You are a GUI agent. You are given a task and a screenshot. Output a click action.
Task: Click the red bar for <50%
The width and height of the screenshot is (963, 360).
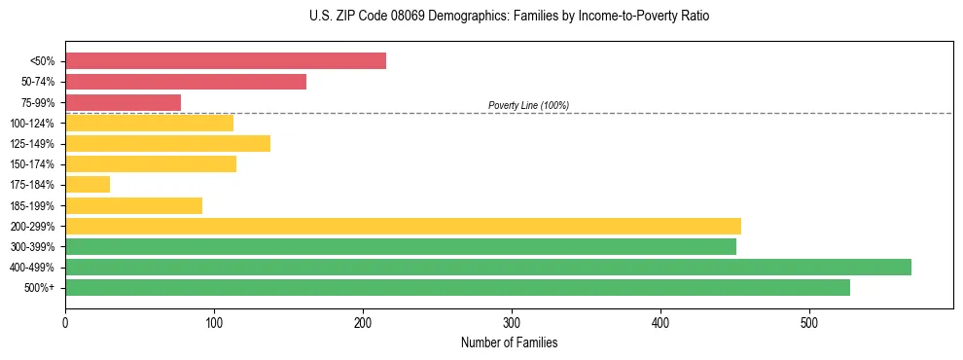(x=226, y=61)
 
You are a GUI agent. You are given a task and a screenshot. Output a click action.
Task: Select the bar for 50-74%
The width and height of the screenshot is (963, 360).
(x=186, y=82)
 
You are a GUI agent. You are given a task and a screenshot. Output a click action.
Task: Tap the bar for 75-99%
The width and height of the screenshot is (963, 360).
(x=123, y=102)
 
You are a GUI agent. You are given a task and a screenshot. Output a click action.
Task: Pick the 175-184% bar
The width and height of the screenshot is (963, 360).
(x=88, y=185)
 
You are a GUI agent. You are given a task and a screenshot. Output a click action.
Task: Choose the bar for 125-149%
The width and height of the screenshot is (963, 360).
(x=167, y=144)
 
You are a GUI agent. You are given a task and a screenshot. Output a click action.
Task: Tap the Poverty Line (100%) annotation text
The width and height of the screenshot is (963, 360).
(x=528, y=105)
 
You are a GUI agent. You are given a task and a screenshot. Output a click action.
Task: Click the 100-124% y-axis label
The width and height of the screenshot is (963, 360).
(x=32, y=124)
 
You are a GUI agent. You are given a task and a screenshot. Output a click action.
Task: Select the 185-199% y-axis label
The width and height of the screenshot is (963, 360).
(x=32, y=206)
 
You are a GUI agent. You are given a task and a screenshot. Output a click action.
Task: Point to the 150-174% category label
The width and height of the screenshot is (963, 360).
(x=32, y=164)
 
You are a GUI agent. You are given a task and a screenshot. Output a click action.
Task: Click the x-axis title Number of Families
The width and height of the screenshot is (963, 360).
(x=509, y=342)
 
